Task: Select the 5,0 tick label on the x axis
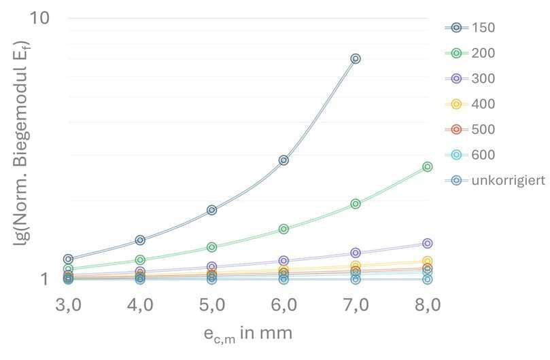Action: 212,305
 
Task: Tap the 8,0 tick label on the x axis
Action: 427,305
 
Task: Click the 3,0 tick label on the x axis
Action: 69,305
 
